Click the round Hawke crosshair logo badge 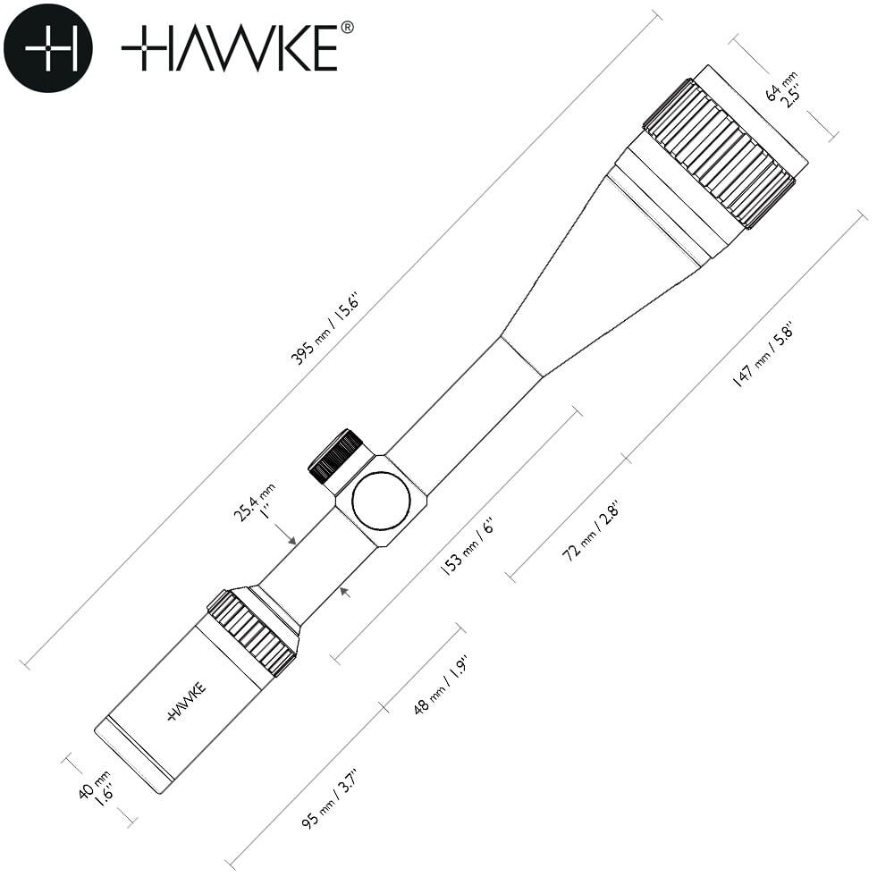click(48, 48)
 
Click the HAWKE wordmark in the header click(230, 48)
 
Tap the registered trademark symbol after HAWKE click(347, 28)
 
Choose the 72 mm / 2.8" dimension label click(591, 531)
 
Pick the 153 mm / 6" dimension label click(467, 546)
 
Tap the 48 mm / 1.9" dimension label click(441, 685)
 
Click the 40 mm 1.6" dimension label click(97, 788)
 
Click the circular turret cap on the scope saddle click(382, 501)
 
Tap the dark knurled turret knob click(336, 455)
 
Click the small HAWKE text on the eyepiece click(187, 701)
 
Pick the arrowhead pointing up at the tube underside click(344, 592)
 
